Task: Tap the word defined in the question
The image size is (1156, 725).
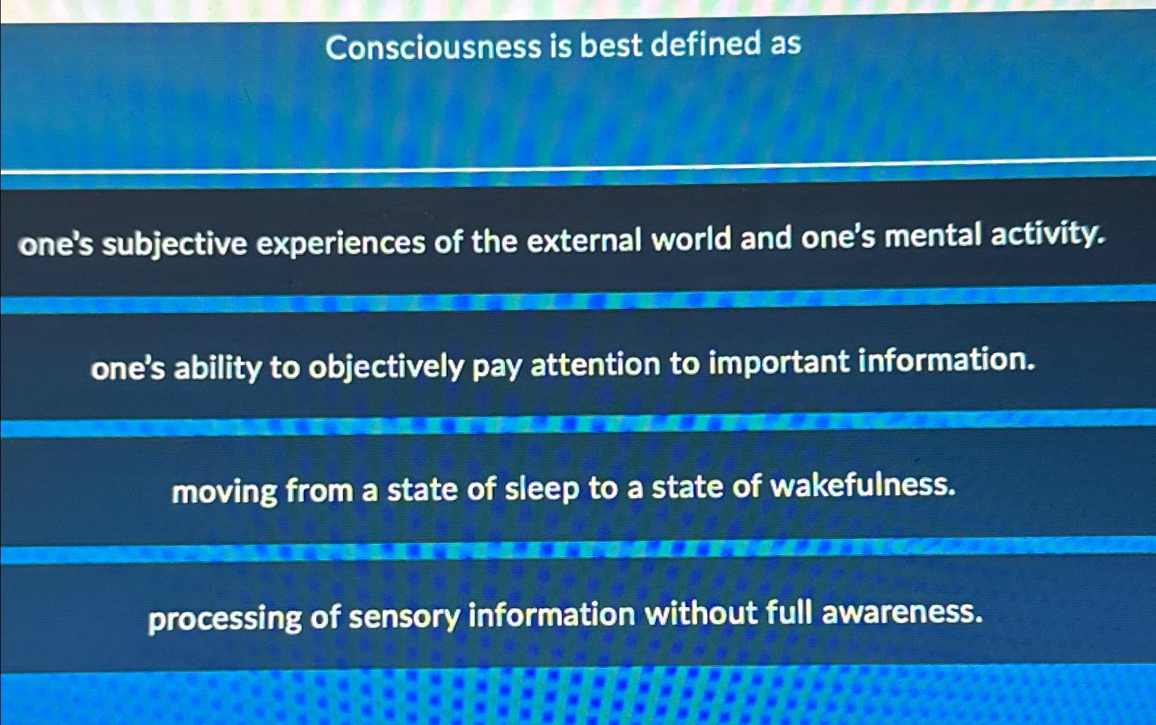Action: (705, 45)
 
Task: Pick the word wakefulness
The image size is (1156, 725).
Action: (862, 486)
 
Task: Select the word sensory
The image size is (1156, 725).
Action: (404, 617)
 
